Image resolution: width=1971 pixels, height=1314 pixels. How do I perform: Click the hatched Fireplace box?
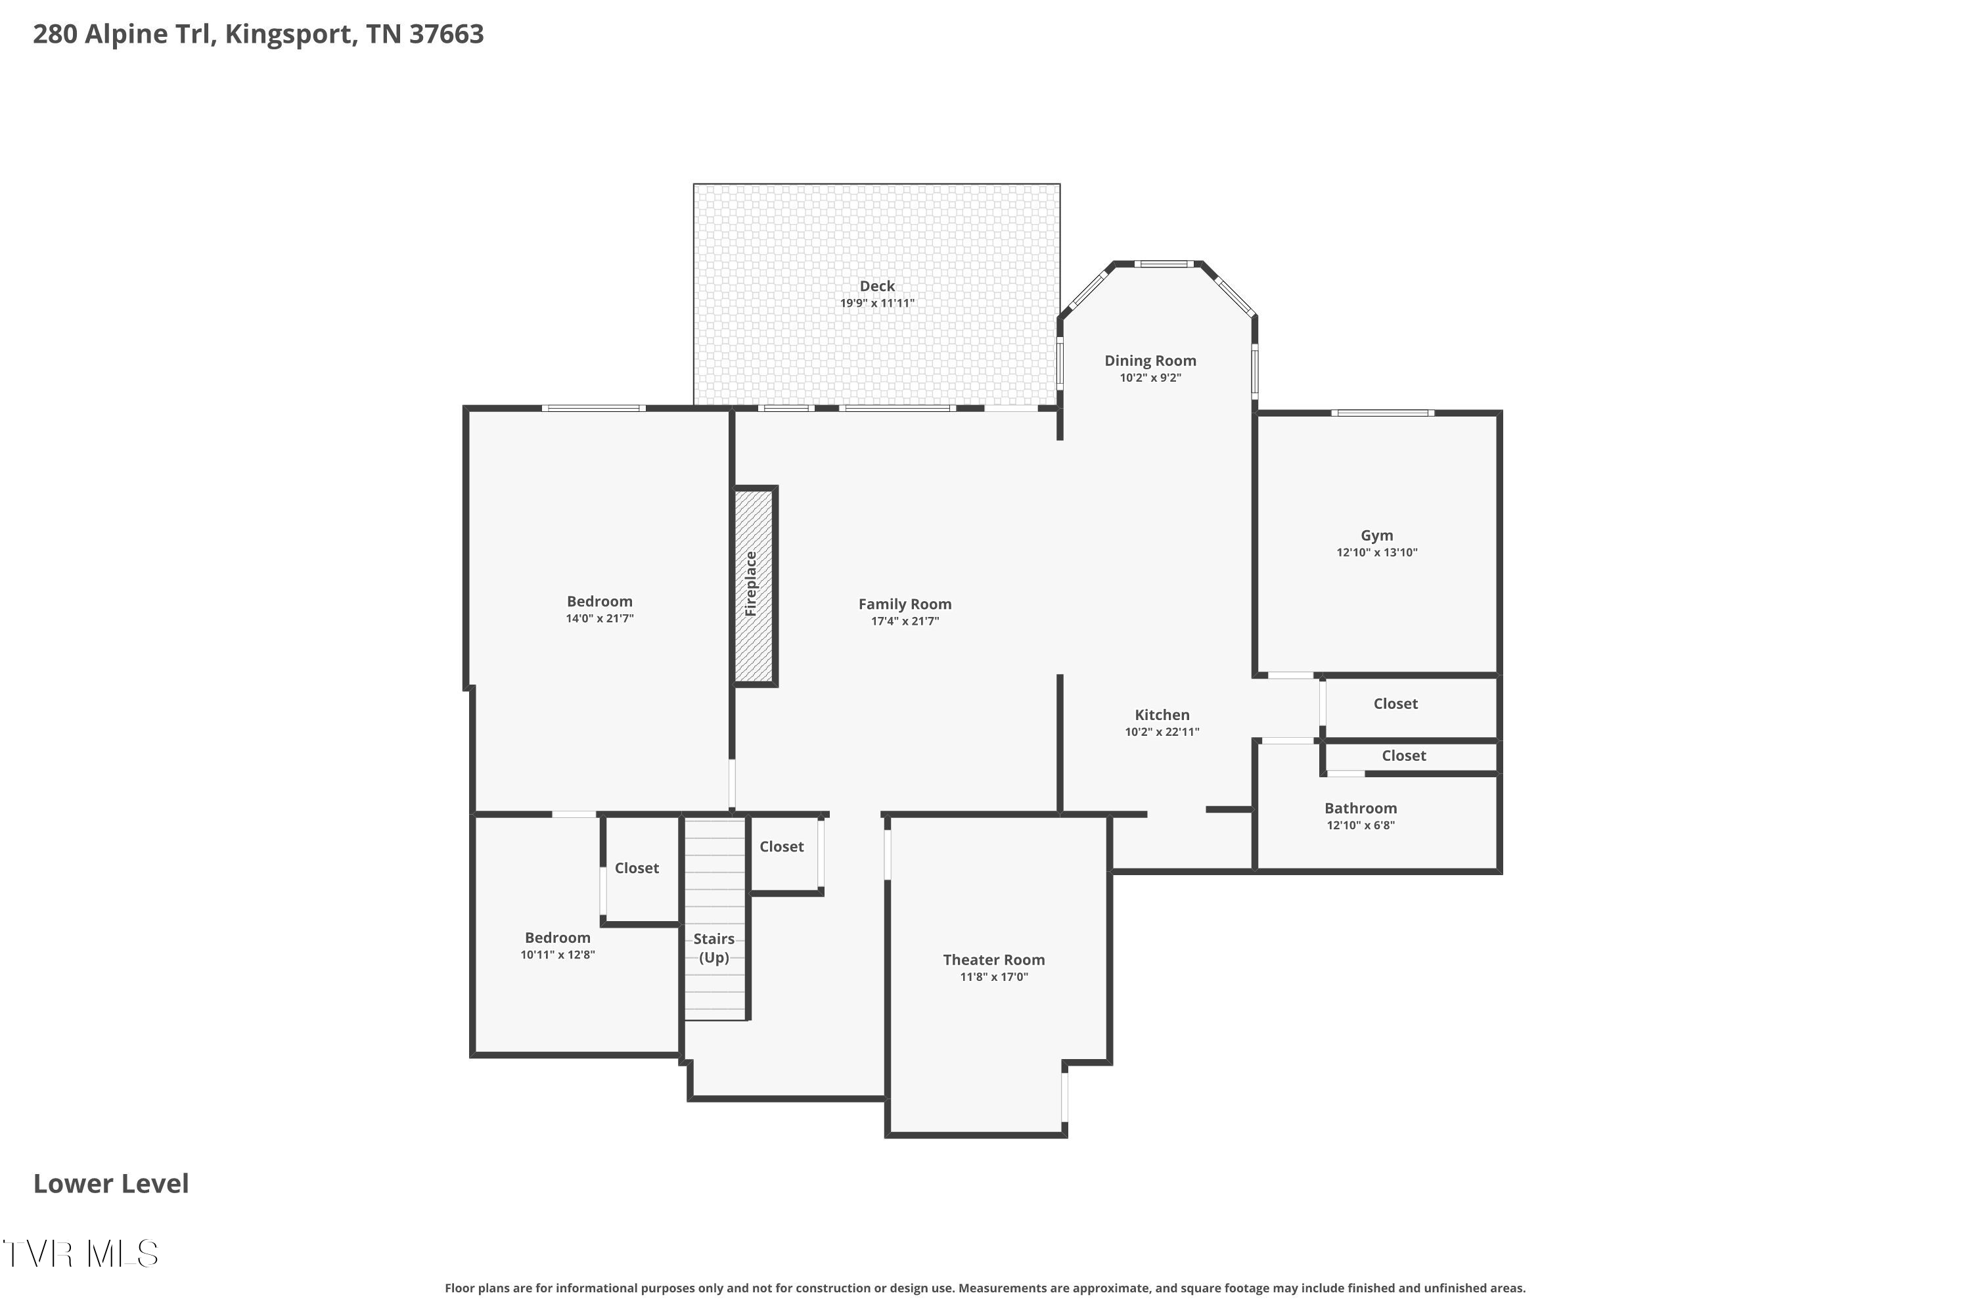click(754, 586)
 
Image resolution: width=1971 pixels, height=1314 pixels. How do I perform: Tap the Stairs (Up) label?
click(714, 948)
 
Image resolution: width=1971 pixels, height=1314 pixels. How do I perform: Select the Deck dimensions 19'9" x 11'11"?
click(876, 304)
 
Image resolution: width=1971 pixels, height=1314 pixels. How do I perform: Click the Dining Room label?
click(1150, 360)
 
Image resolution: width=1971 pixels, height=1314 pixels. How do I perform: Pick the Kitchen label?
click(1162, 715)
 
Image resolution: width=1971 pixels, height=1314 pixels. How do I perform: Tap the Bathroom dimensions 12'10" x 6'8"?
click(1360, 825)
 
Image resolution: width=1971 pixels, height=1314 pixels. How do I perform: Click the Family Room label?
click(904, 604)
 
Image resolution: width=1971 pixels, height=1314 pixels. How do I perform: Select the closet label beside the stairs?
click(781, 846)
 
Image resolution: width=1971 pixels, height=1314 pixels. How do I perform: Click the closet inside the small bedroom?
click(637, 868)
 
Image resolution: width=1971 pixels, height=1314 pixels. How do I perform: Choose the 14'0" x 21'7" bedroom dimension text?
click(599, 618)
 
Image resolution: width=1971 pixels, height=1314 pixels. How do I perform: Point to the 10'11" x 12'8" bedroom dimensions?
click(557, 955)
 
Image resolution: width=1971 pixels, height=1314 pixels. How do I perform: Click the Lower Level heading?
click(110, 1183)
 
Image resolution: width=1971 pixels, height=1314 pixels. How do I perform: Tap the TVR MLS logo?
click(80, 1254)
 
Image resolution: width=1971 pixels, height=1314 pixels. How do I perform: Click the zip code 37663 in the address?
click(446, 34)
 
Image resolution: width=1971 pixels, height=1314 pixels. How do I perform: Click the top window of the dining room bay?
click(1164, 264)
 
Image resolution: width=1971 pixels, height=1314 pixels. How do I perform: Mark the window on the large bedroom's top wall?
click(593, 408)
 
